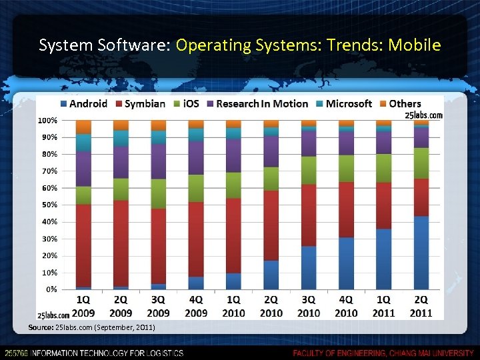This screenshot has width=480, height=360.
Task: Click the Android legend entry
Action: [83, 103]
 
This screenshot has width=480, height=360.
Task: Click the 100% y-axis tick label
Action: [47, 120]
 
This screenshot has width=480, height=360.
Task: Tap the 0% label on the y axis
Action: [51, 289]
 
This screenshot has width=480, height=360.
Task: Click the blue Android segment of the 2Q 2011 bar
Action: [421, 253]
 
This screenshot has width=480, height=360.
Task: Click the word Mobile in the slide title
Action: [415, 45]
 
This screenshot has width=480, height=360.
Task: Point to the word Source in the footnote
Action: [41, 327]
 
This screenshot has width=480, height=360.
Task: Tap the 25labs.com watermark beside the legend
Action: [423, 115]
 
